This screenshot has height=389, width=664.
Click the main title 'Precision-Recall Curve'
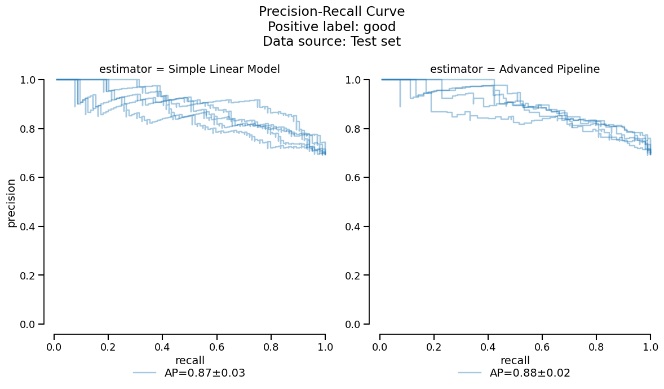tap(331, 12)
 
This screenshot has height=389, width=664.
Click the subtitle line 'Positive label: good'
tap(331, 27)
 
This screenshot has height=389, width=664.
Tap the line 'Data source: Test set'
tap(331, 41)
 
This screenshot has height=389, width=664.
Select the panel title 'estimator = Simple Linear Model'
tap(189, 69)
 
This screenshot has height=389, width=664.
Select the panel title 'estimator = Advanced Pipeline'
tap(515, 69)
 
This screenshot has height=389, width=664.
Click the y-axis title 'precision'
tap(11, 202)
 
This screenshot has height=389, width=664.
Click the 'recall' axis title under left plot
tap(189, 360)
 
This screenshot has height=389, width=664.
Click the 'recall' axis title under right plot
tap(515, 360)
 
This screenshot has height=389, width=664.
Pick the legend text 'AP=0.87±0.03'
tap(205, 373)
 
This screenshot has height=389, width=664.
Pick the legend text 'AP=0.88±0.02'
tap(530, 373)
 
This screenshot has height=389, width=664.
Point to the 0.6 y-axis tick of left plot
tap(28, 178)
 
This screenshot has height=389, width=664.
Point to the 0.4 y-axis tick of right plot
tap(353, 226)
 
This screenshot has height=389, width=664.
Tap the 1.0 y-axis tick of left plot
tap(28, 80)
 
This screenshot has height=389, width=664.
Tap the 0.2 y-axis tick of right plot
tap(353, 276)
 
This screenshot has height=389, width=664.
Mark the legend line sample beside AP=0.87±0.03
tap(144, 373)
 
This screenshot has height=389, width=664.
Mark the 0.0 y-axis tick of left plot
tap(28, 324)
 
